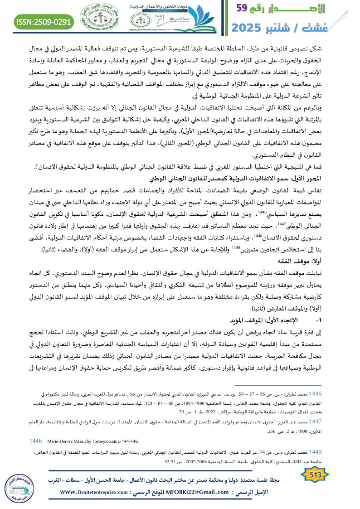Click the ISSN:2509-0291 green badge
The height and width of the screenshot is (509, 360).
click(44, 21)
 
